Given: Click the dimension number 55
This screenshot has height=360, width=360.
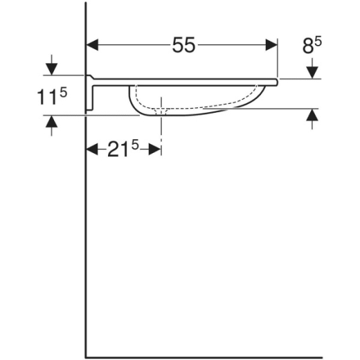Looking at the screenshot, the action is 184,45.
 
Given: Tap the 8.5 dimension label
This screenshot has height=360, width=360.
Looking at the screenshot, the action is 312,46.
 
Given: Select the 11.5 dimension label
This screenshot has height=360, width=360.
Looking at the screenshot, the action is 52,96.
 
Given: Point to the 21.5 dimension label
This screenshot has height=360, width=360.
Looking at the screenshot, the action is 123,149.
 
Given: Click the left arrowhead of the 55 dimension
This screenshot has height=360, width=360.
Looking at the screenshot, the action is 92,45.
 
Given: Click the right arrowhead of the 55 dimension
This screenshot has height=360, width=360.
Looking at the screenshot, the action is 271,45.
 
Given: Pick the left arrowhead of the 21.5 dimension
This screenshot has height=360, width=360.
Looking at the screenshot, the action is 92,149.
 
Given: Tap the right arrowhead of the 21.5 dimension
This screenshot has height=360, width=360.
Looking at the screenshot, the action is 155,149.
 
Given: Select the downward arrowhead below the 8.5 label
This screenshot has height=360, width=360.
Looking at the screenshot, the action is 312,73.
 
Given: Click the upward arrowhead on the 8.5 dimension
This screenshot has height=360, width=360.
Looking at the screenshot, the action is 312,115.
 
